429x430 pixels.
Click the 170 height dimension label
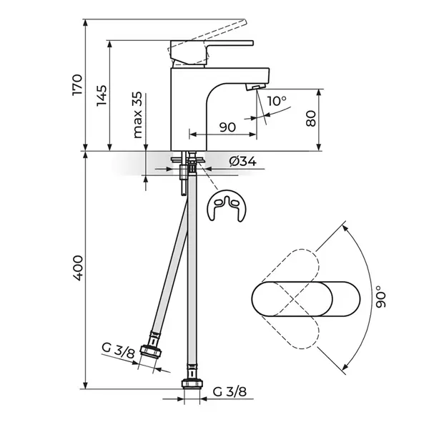(77, 84)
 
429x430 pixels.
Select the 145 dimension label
(102, 96)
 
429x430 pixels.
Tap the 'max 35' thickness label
(137, 115)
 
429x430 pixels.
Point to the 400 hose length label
(77, 268)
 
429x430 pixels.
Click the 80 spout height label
(310, 119)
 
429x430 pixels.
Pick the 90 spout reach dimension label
(227, 127)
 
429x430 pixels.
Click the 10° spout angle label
(277, 101)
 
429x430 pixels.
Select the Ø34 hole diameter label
(243, 161)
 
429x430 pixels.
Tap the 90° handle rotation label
(380, 297)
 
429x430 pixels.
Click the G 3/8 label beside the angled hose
(119, 351)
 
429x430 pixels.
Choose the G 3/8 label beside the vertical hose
(230, 392)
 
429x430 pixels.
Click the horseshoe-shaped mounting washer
(227, 205)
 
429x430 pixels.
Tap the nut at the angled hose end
(150, 352)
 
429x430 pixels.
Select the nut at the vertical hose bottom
(192, 384)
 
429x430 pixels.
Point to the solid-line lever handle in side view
(212, 53)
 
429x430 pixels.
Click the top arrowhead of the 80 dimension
(319, 92)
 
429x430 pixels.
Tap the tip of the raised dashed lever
(246, 21)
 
